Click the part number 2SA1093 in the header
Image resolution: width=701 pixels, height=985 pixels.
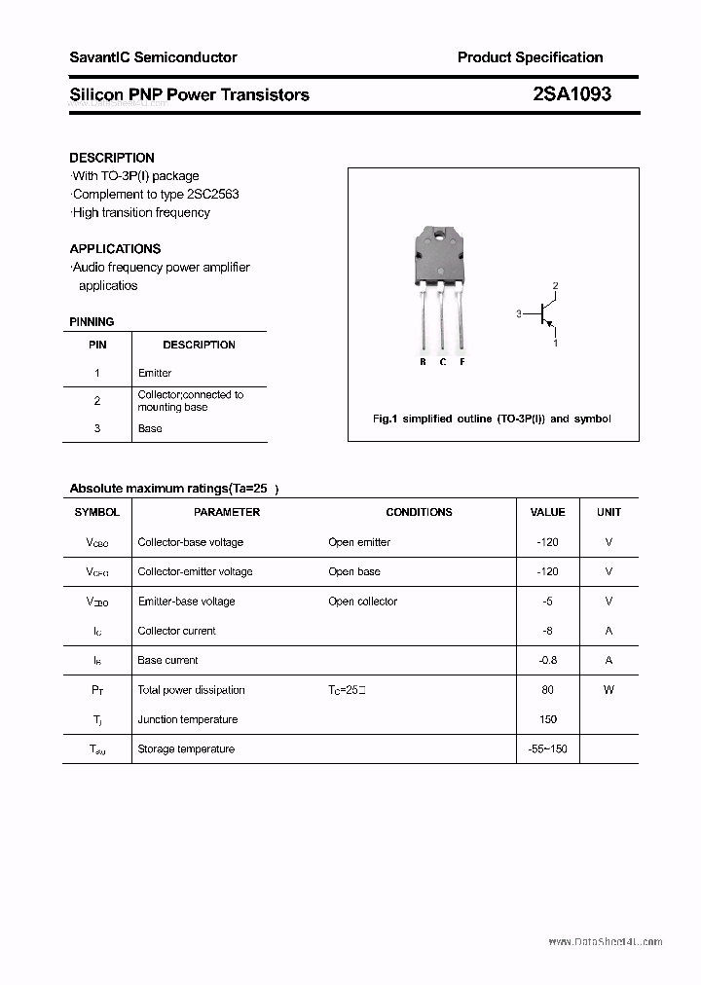pyautogui.click(x=572, y=94)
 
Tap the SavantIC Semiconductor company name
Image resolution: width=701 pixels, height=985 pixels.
pyautogui.click(x=153, y=57)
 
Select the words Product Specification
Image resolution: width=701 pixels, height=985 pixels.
pyautogui.click(x=530, y=57)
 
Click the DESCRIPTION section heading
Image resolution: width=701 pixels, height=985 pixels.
pyautogui.click(x=112, y=158)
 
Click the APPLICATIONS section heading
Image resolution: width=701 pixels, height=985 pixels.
pyautogui.click(x=115, y=248)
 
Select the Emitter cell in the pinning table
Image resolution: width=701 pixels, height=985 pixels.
pyautogui.click(x=155, y=373)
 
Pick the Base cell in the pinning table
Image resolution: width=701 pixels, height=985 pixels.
pyautogui.click(x=150, y=428)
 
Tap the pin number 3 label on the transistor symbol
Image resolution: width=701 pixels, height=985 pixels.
pyautogui.click(x=519, y=313)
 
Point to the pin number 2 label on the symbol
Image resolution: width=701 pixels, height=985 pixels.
pyautogui.click(x=555, y=286)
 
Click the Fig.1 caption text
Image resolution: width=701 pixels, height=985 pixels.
pyautogui.click(x=492, y=419)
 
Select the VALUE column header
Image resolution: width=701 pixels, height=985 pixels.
pyautogui.click(x=547, y=512)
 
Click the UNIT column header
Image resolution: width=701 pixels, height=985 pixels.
pyautogui.click(x=609, y=512)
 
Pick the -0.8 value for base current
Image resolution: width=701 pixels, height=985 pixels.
pyautogui.click(x=548, y=660)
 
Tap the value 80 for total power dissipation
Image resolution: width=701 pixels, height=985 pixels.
pyautogui.click(x=548, y=690)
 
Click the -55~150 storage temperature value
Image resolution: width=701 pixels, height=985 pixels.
pyautogui.click(x=547, y=748)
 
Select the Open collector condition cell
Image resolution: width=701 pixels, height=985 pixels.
pyautogui.click(x=362, y=602)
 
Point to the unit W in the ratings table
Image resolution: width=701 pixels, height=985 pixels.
pyautogui.click(x=609, y=690)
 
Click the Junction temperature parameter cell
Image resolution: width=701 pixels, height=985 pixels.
pyautogui.click(x=187, y=719)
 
